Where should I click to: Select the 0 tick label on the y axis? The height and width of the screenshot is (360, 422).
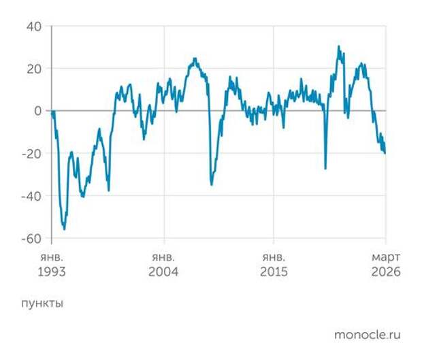point(38,111)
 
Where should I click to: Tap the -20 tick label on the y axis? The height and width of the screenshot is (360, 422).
point(31,154)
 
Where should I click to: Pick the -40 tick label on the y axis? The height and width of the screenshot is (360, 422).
point(31,196)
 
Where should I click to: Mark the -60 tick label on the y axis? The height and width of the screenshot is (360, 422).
point(31,239)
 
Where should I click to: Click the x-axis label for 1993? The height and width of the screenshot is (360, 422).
point(52,272)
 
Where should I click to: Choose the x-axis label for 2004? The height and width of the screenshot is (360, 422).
point(163,272)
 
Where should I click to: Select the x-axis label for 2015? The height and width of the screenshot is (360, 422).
point(274,272)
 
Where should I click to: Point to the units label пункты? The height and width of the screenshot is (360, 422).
point(42,304)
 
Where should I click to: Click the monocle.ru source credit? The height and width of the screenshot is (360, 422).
point(367,335)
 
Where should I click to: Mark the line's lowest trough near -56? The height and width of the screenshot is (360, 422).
point(65,229)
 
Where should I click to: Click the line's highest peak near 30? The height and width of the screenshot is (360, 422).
point(338,46)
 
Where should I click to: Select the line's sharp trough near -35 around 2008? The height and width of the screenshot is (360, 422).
point(212,184)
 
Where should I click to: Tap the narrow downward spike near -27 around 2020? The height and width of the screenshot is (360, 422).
point(325,169)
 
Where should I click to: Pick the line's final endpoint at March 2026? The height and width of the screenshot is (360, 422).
point(385,152)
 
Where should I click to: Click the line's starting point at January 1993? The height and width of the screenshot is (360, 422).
point(52,111)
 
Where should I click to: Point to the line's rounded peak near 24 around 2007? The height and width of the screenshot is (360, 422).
point(195,59)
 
